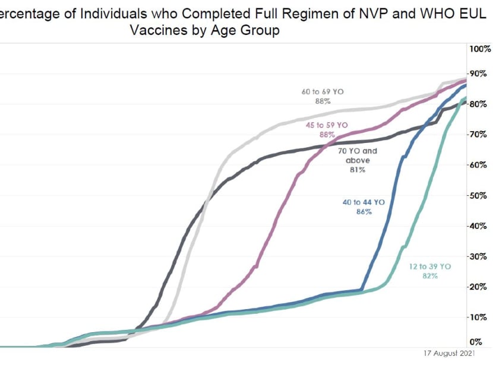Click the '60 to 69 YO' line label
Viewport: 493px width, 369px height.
tap(323, 92)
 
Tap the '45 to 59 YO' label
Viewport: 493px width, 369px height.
tap(327, 125)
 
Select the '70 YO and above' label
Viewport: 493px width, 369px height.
tap(358, 155)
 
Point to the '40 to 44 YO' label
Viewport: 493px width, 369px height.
tap(364, 202)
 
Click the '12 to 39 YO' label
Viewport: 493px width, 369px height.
tap(431, 267)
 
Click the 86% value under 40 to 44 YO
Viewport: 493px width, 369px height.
tap(364, 212)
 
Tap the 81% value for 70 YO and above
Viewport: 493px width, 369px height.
tap(358, 170)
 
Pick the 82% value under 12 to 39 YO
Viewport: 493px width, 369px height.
tap(431, 276)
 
